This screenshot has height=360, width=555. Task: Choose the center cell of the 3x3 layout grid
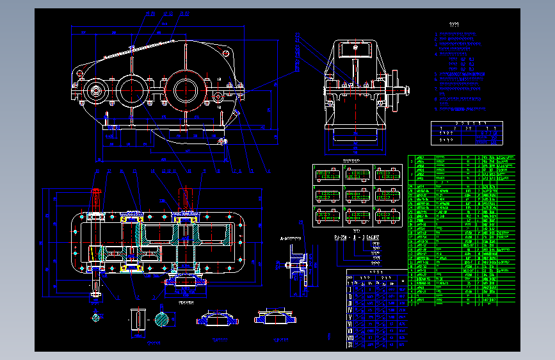(358, 196)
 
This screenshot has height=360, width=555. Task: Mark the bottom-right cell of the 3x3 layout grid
(387, 217)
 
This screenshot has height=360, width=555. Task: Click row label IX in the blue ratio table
(350, 345)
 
